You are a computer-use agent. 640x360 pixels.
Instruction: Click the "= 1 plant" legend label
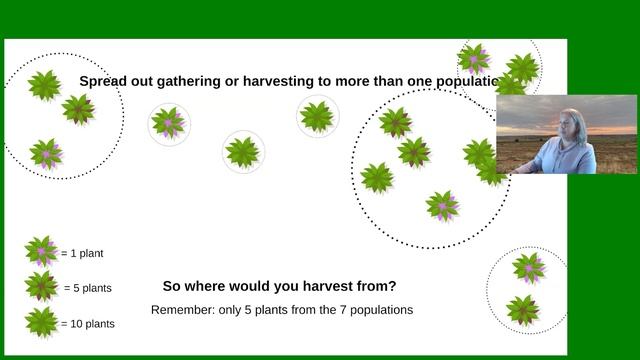tap(82, 254)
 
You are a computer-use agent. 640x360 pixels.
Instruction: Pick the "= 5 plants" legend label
tap(88, 288)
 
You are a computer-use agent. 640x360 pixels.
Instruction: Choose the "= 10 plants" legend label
tap(88, 324)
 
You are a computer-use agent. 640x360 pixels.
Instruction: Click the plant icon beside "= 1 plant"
tap(41, 251)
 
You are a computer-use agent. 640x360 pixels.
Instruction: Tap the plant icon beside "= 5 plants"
tap(41, 286)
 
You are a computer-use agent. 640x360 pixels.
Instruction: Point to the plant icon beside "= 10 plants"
tap(41, 322)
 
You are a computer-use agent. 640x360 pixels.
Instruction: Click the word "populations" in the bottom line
tap(383, 310)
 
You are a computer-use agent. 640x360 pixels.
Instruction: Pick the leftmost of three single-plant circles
tap(168, 123)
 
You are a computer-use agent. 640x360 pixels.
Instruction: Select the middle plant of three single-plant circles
tap(243, 152)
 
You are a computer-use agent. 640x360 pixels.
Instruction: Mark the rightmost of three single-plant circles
tap(318, 116)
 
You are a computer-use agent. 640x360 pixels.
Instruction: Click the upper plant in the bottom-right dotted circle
tap(528, 267)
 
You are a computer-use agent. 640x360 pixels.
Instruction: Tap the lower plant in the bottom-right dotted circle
tap(523, 309)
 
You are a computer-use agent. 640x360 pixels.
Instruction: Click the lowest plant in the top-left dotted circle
tap(46, 153)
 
